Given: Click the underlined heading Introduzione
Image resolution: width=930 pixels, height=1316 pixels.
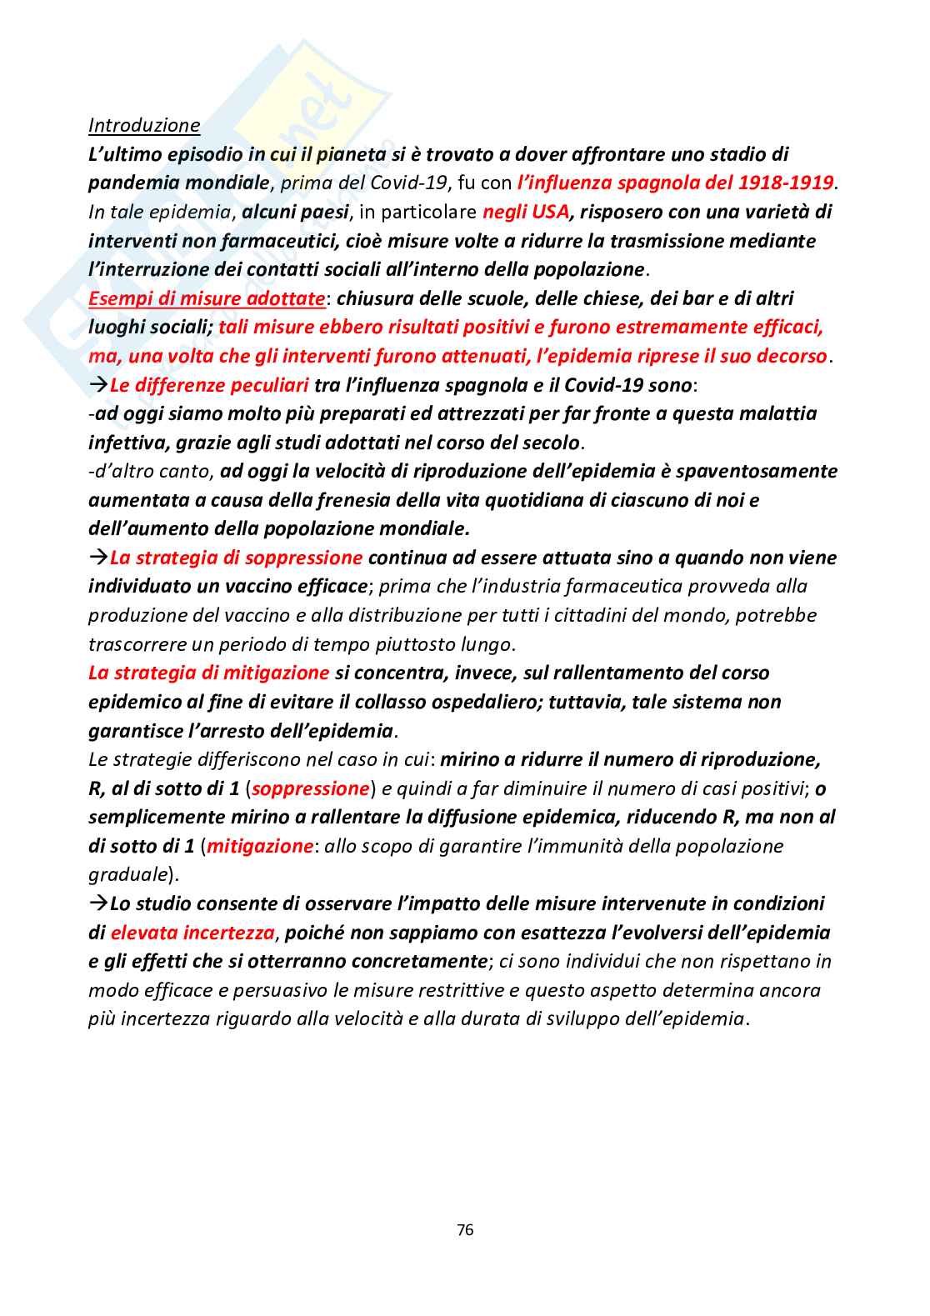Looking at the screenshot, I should (x=144, y=125).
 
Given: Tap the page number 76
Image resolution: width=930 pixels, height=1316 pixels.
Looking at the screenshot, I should (x=465, y=1229).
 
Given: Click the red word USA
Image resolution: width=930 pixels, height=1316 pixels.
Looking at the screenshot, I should (x=549, y=212).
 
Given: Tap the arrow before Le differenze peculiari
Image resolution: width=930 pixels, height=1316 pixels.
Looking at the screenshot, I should (x=98, y=385).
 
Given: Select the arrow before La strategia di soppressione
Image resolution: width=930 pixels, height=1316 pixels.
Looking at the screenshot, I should (x=98, y=558).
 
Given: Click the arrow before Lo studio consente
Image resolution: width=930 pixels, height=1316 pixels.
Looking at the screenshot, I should (x=98, y=903).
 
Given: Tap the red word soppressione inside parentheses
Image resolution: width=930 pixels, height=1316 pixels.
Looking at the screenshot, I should (x=311, y=788).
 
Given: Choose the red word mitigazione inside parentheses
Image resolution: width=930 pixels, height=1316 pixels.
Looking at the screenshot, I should (x=260, y=846).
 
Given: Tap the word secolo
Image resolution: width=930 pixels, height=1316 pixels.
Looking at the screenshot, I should (x=548, y=443).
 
